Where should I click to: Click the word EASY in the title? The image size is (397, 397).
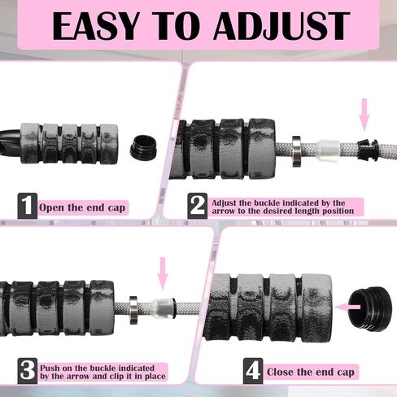pyautogui.click(x=96, y=26)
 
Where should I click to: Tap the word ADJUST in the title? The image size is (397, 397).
pyautogui.click(x=282, y=26)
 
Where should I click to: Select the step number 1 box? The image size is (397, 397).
pyautogui.click(x=28, y=206)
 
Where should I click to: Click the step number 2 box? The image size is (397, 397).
pyautogui.click(x=198, y=206)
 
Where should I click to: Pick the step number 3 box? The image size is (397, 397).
pyautogui.click(x=28, y=371)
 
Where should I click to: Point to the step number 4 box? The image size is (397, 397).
pyautogui.click(x=253, y=371)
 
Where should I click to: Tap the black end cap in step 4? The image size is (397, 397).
pyautogui.click(x=370, y=308)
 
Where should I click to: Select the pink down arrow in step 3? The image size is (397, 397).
pyautogui.click(x=163, y=273)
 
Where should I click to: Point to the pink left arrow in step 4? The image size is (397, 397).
pyautogui.click(x=348, y=307)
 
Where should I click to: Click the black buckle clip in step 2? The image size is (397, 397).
pyautogui.click(x=368, y=150)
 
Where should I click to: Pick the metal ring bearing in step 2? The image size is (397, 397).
pyautogui.click(x=296, y=151)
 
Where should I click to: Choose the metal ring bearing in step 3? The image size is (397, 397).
pyautogui.click(x=133, y=310)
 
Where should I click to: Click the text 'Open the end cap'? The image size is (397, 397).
pyautogui.click(x=82, y=207)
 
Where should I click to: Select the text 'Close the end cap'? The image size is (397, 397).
pyautogui.click(x=311, y=372)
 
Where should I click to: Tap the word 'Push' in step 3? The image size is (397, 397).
pyautogui.click(x=50, y=368)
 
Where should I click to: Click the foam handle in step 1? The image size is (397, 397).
pyautogui.click(x=69, y=144)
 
